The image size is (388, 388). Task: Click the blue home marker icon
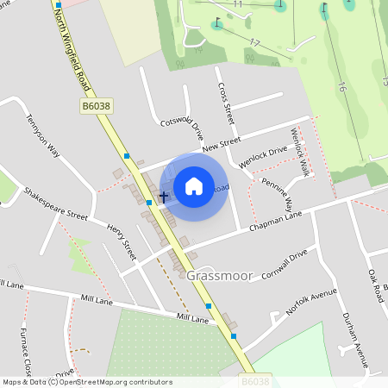(194, 185)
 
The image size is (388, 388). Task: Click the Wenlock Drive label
(263, 156)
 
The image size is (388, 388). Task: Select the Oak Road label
(375, 285)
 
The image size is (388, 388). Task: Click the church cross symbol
(163, 197)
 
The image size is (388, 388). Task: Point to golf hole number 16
(341, 87)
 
